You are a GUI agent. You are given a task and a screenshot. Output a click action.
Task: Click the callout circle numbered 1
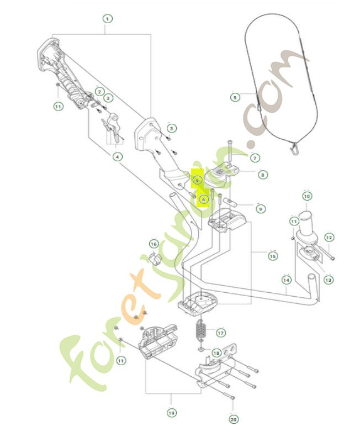(x=107, y=18)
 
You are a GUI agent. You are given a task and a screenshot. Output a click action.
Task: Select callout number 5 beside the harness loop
(x=235, y=97)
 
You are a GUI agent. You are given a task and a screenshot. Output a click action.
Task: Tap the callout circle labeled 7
(x=255, y=158)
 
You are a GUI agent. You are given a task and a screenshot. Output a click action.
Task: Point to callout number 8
(x=262, y=175)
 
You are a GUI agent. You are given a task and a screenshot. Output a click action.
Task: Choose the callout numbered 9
(x=260, y=209)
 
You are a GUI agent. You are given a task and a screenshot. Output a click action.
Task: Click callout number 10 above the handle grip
(x=307, y=196)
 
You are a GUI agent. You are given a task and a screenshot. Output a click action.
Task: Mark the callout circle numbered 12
(x=329, y=238)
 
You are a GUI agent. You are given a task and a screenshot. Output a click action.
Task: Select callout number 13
(x=329, y=280)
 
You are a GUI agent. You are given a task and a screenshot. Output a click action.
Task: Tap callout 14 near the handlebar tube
(x=286, y=280)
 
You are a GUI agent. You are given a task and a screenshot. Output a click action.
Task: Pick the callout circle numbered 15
(x=273, y=256)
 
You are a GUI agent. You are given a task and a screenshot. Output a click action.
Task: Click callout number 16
(x=154, y=244)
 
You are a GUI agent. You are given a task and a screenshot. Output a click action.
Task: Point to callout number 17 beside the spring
(x=220, y=333)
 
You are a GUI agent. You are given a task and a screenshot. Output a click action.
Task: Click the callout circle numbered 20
(x=233, y=420)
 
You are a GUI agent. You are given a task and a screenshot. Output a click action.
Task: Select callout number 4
(x=117, y=157)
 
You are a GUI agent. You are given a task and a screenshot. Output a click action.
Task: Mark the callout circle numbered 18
(x=216, y=352)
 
